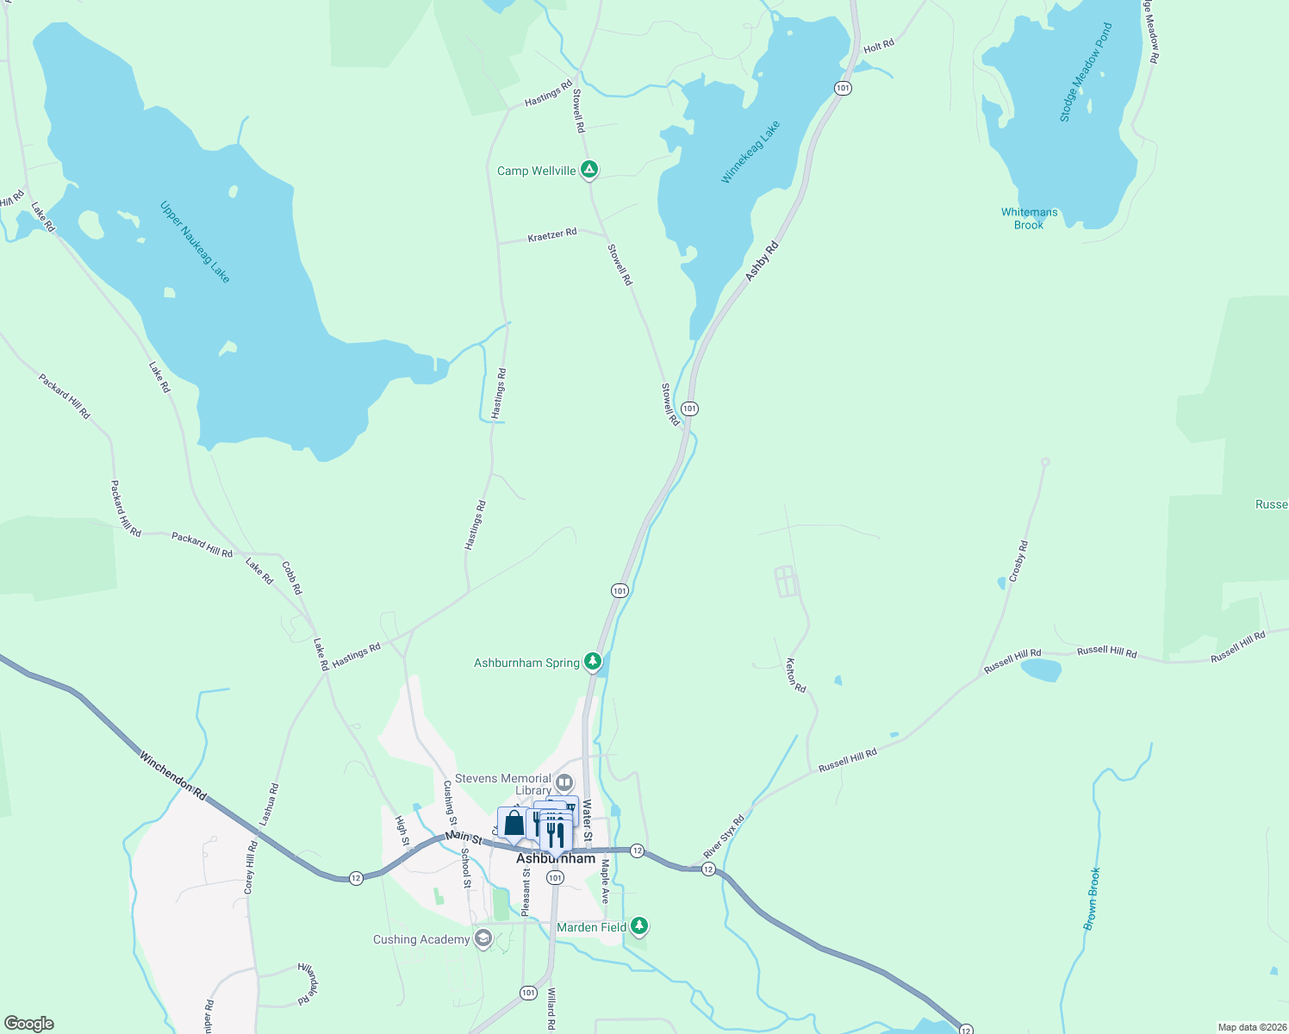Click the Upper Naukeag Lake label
pos(196,241)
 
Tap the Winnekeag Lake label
pos(750,152)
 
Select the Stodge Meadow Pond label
pos(1086,72)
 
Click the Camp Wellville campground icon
pos(589,170)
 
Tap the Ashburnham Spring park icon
pos(593,662)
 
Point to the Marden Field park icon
pos(638,926)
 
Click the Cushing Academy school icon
pos(483,938)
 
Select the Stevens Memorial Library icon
pos(564,783)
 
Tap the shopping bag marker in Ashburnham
pos(514,824)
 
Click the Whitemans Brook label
pos(1029,218)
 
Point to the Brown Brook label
pos(1092,899)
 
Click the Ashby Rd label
pos(762,260)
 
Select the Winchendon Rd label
pos(173,775)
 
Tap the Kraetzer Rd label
pos(552,234)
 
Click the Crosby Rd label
pos(1018,561)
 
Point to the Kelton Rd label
pos(795,676)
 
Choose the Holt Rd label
pos(879,46)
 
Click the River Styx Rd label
pos(723,836)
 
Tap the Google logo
pos(29,1024)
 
